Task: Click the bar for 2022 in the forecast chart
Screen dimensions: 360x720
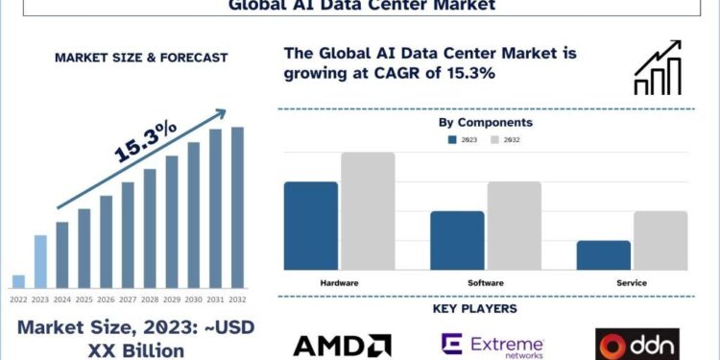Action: click(18, 281)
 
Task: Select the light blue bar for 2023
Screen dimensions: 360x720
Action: click(40, 261)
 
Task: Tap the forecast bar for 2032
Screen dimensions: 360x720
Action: click(237, 207)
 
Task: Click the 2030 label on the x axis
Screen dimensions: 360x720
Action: click(193, 299)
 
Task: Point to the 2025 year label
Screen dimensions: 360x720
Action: click(84, 299)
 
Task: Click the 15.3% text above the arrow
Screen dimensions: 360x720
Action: click(146, 139)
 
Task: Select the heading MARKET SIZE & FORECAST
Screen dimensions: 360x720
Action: click(141, 58)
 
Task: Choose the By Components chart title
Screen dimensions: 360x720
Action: click(485, 122)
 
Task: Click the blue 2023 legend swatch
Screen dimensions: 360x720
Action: click(452, 140)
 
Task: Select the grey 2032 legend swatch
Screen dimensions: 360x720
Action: click(495, 140)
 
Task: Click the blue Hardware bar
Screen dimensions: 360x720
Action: click(311, 226)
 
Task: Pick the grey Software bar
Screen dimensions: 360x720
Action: click(514, 226)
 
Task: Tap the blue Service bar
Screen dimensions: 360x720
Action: click(604, 255)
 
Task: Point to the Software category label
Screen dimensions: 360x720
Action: click(486, 283)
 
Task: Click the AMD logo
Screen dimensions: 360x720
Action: click(342, 345)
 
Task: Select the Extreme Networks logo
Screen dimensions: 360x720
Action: click(492, 345)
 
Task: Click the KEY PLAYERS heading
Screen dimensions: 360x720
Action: click(485, 309)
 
